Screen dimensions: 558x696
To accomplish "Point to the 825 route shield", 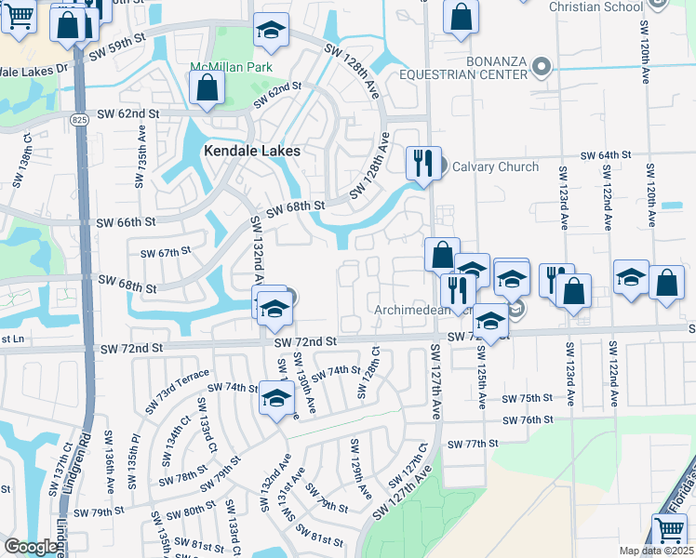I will click(81, 120).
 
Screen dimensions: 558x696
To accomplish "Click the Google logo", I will click(31, 547).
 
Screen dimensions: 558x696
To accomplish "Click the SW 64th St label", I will click(607, 155).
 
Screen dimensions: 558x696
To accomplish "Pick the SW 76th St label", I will click(528, 420).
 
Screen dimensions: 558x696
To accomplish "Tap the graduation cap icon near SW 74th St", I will click(274, 398).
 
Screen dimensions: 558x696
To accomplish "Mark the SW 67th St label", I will click(165, 252).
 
